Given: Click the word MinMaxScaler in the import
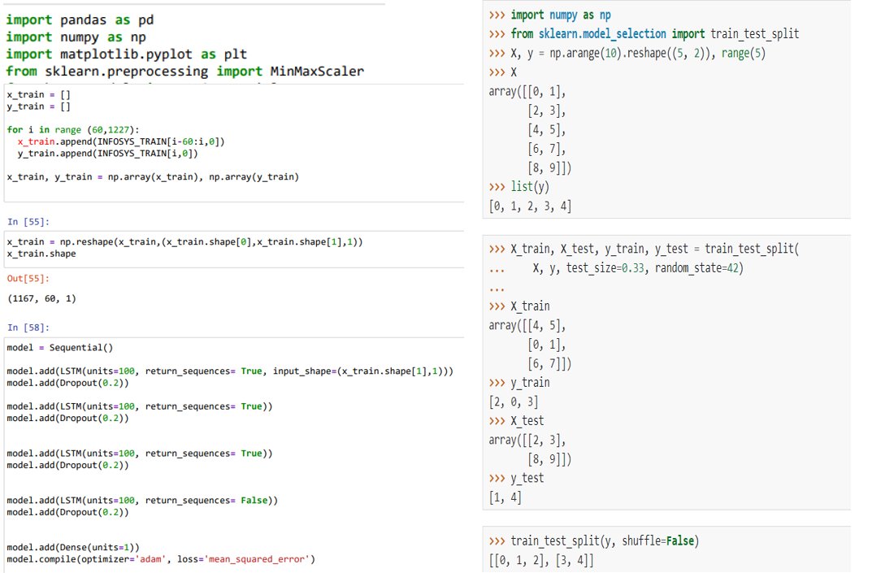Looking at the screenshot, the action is pos(317,72).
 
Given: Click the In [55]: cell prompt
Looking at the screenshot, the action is pos(28,222).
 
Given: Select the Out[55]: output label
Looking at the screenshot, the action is pos(28,279).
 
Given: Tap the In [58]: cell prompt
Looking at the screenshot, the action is pos(28,328).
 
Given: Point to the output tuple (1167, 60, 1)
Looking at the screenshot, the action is pos(41,299).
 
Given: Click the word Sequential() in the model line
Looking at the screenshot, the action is pos(81,348).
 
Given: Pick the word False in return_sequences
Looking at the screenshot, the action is pos(254,501).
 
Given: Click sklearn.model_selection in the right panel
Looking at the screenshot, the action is pos(602,34).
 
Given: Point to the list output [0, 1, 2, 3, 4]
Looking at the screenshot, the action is pos(530,206).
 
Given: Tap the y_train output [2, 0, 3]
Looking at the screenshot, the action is pos(514,402).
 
